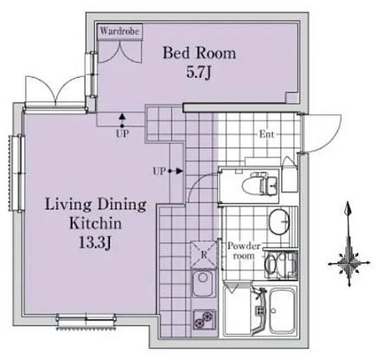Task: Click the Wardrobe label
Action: (119, 31)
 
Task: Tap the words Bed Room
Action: (199, 53)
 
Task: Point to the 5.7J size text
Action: (199, 73)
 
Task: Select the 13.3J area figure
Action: (95, 243)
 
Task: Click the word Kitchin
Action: (96, 223)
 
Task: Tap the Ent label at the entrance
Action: (267, 134)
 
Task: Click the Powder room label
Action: (244, 251)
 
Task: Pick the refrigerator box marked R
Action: (204, 255)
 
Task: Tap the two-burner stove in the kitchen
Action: (204, 319)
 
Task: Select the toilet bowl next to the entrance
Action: (259, 184)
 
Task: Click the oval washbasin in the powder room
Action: (279, 221)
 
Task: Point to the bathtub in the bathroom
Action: (283, 311)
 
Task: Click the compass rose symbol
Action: (349, 263)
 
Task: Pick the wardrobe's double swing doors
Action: (119, 52)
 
